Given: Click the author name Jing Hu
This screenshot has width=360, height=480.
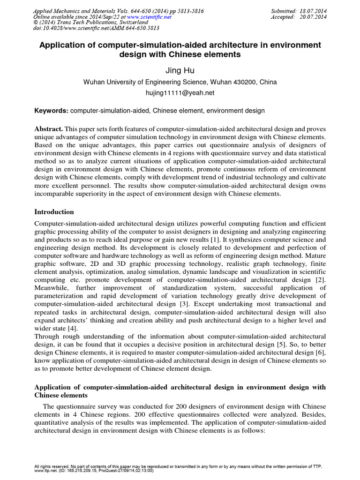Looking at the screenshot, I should (180, 71).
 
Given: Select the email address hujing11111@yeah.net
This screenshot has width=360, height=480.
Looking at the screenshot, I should (180, 93).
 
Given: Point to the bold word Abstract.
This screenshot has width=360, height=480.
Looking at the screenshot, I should (49, 128).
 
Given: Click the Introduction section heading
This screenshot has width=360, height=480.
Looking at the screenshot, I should (54, 212).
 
